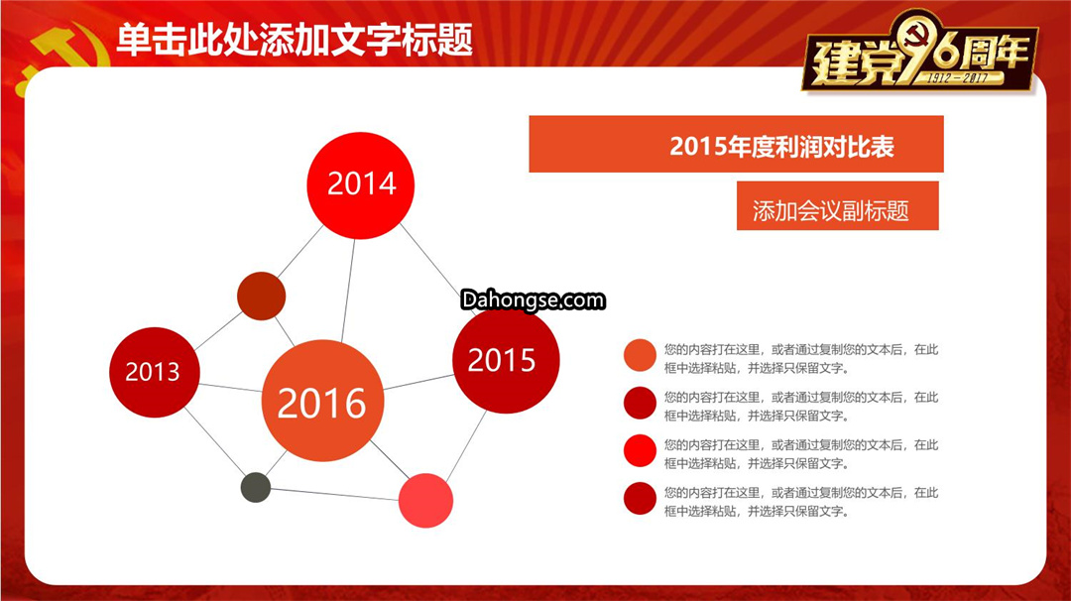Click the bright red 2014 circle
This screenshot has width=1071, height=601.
click(x=361, y=185)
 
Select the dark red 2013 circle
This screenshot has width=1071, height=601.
click(x=155, y=372)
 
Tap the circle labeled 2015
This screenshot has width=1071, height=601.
click(x=506, y=359)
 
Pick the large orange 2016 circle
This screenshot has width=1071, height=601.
click(x=322, y=401)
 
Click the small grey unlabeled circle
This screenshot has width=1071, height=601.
click(x=256, y=488)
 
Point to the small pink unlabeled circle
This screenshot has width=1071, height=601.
click(x=425, y=501)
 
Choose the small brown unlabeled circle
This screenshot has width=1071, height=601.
click(x=261, y=296)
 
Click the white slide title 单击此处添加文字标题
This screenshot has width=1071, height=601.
click(x=295, y=40)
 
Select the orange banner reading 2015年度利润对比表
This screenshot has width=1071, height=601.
click(x=736, y=144)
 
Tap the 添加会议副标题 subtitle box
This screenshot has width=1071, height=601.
click(x=837, y=205)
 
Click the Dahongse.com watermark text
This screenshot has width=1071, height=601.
click(x=533, y=300)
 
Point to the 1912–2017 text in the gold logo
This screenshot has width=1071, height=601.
click(x=958, y=78)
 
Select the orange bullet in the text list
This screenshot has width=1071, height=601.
click(x=640, y=355)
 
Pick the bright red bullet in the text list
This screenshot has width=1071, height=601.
click(x=640, y=450)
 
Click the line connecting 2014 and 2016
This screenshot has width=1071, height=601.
click(x=348, y=291)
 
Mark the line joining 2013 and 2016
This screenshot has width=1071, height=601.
click(x=231, y=388)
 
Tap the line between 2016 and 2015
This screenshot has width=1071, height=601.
click(x=418, y=382)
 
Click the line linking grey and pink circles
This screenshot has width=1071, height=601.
click(x=335, y=495)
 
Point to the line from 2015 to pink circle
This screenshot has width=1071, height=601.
click(x=466, y=445)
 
